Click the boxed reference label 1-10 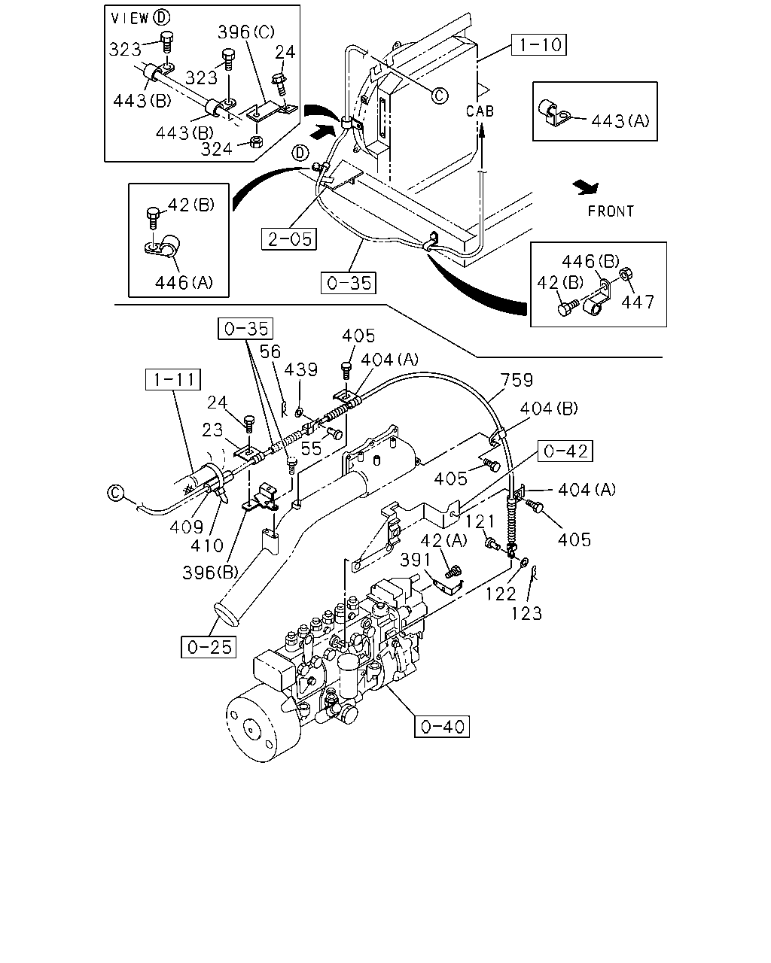(538, 44)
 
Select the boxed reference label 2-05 (289, 239)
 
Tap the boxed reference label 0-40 (442, 727)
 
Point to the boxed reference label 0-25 (209, 647)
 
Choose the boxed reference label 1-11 (173, 379)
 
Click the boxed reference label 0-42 (565, 451)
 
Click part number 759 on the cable (517, 381)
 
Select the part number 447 (638, 302)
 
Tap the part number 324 (216, 149)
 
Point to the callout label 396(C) (246, 32)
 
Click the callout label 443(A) (620, 120)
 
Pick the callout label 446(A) (184, 282)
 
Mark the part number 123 (527, 613)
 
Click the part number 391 (416, 560)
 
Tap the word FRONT (611, 211)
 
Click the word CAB (480, 111)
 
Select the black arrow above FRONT (585, 187)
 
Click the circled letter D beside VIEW (161, 17)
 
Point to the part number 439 (300, 369)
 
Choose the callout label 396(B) (210, 573)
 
